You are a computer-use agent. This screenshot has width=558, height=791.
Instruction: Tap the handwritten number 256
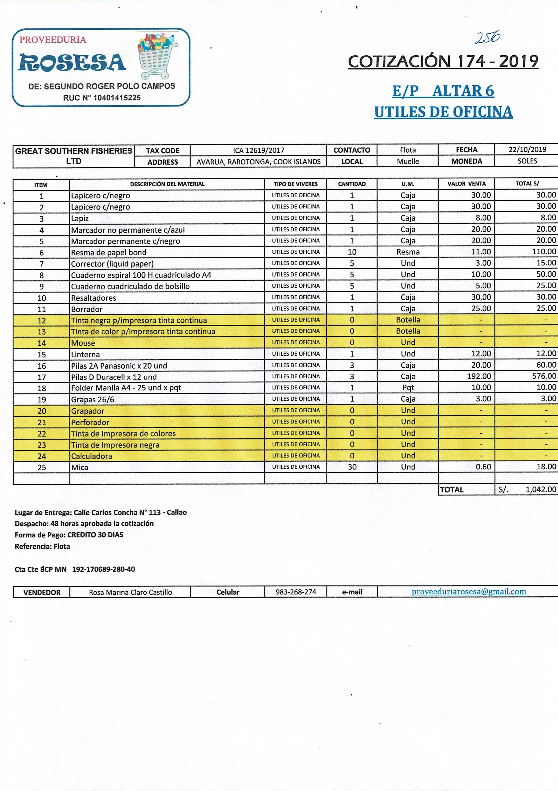click(x=487, y=37)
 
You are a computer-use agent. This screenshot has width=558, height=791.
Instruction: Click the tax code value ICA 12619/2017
click(x=258, y=150)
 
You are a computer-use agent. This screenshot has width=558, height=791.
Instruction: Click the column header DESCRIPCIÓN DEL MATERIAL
click(x=167, y=184)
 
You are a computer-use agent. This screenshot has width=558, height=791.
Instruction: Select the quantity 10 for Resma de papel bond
click(x=352, y=252)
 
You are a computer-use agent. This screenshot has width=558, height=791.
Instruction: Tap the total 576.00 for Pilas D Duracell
click(x=544, y=376)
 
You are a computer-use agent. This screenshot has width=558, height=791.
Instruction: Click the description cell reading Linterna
click(x=85, y=354)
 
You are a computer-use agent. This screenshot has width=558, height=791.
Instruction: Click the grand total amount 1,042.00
click(x=541, y=489)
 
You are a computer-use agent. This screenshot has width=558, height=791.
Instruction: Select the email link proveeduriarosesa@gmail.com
click(x=469, y=591)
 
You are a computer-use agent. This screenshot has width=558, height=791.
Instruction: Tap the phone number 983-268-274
click(x=296, y=592)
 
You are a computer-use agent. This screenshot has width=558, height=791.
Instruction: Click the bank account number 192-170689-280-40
click(x=103, y=569)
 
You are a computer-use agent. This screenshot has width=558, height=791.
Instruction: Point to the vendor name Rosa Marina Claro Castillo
click(x=130, y=592)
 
